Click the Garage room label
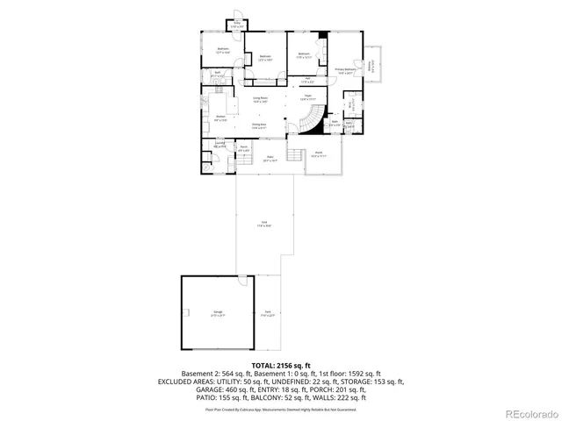[x=218, y=313]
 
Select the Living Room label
[x=260, y=100]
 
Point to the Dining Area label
[x=260, y=126]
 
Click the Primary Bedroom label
[x=344, y=70]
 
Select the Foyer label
[x=308, y=97]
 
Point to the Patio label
[x=271, y=160]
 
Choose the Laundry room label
[x=220, y=145]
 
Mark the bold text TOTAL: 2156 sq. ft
[x=281, y=364]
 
